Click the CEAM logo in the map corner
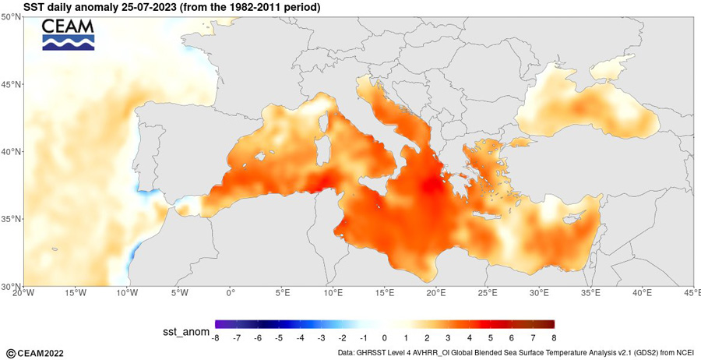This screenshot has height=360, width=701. pyautogui.click(x=69, y=34)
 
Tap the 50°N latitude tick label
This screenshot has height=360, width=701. pyautogui.click(x=11, y=17)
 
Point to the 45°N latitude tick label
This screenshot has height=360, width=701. pyautogui.click(x=11, y=84)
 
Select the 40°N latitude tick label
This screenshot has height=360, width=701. pyautogui.click(x=11, y=152)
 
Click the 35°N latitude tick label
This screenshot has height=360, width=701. pyautogui.click(x=11, y=219)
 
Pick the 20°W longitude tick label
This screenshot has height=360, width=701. pyautogui.click(x=23, y=293)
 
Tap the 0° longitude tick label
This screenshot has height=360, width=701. pyautogui.click(x=231, y=293)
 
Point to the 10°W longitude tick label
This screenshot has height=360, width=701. pyautogui.click(x=127, y=293)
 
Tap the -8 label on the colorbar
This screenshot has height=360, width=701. pyautogui.click(x=215, y=337)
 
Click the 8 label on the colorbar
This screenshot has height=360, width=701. pyautogui.click(x=555, y=337)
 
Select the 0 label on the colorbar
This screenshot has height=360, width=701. pyautogui.click(x=385, y=337)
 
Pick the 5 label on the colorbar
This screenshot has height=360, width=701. pyautogui.click(x=491, y=337)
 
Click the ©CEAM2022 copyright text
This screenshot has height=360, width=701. pyautogui.click(x=35, y=354)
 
